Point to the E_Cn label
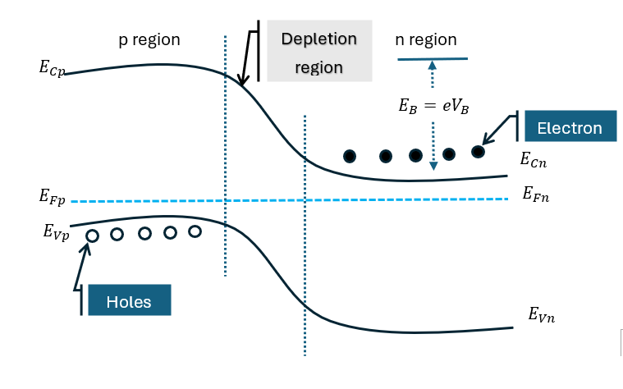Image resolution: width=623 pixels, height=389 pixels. click(534, 162)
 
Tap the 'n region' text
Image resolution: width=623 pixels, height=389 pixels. click(426, 39)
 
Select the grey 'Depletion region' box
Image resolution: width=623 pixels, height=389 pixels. click(319, 53)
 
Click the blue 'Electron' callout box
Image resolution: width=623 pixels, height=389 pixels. click(569, 128)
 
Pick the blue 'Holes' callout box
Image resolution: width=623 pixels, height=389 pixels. click(130, 301)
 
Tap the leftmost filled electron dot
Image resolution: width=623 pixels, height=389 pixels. click(350, 156)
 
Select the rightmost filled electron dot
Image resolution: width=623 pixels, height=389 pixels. click(478, 151)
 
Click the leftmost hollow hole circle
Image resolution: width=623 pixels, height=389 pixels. click(92, 236)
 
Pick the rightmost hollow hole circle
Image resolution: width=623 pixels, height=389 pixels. click(195, 231)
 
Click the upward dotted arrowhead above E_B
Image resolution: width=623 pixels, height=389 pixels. click(433, 71)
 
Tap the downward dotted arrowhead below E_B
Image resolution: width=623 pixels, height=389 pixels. click(433, 167)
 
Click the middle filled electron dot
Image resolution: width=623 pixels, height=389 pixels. click(415, 155)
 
